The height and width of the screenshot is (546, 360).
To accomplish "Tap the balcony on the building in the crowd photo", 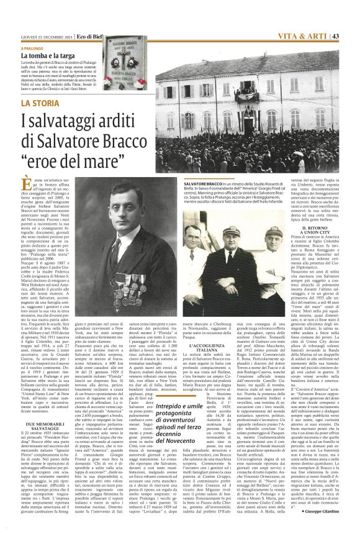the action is [246, 97].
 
